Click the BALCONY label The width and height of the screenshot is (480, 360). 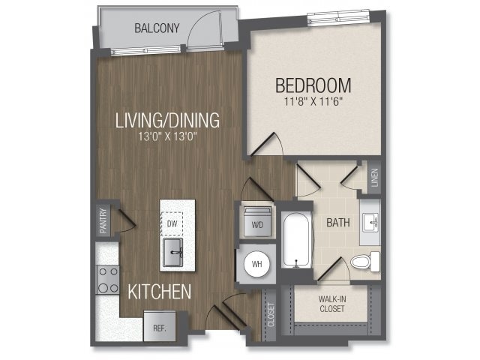coord(157,29)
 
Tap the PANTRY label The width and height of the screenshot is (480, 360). coord(103,220)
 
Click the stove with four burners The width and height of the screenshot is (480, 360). coord(107,279)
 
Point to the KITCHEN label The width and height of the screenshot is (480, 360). coord(158,291)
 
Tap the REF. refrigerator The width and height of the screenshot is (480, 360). coord(159,328)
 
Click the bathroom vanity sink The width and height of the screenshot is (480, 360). coord(370,222)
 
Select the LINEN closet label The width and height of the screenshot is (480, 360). coord(373,178)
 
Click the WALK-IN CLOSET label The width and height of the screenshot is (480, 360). coord(331,304)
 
